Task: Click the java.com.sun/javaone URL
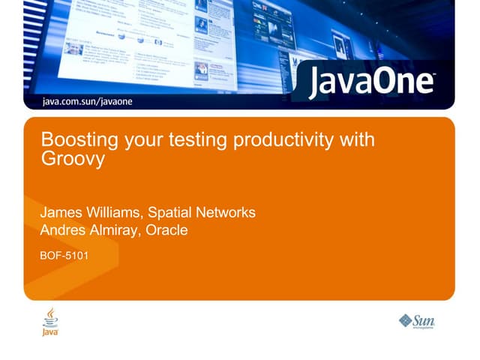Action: [88, 101]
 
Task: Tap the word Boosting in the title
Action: [73, 140]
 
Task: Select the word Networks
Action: [229, 212]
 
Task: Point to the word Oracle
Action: [166, 230]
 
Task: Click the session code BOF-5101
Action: [64, 256]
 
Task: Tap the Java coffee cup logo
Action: [50, 321]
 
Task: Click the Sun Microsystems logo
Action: [417, 321]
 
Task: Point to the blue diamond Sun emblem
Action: [406, 321]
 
